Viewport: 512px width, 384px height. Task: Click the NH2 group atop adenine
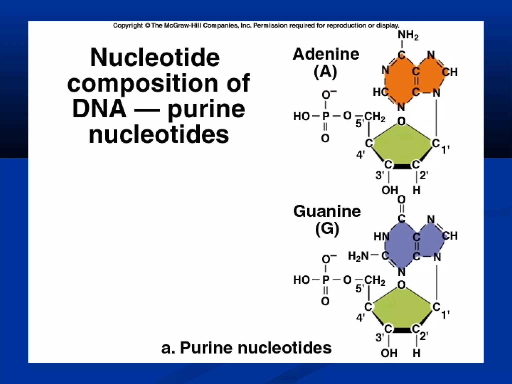pyautogui.click(x=408, y=35)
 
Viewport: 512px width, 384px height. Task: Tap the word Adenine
pyautogui.click(x=326, y=54)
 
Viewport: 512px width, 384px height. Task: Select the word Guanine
pyautogui.click(x=327, y=211)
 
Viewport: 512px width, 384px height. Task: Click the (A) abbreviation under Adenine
pyautogui.click(x=325, y=72)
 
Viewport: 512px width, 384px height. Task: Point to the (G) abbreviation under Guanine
pyautogui.click(x=327, y=229)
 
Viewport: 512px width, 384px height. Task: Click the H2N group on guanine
pyautogui.click(x=358, y=256)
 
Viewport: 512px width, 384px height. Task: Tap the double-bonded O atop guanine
pyautogui.click(x=401, y=199)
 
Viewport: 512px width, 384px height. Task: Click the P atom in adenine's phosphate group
pyautogui.click(x=326, y=116)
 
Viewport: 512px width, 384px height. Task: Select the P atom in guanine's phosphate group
pyautogui.click(x=326, y=280)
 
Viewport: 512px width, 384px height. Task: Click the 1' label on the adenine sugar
pyautogui.click(x=445, y=150)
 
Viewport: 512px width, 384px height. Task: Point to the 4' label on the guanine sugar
pyautogui.click(x=360, y=318)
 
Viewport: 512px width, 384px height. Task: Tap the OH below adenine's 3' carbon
pyautogui.click(x=389, y=190)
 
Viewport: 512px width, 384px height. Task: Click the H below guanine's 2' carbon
pyautogui.click(x=416, y=353)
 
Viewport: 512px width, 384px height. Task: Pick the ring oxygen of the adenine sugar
pyautogui.click(x=401, y=121)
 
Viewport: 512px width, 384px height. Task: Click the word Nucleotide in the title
pyautogui.click(x=155, y=57)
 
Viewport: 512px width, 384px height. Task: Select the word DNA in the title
pyautogui.click(x=99, y=109)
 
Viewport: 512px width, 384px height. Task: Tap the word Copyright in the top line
pyautogui.click(x=128, y=25)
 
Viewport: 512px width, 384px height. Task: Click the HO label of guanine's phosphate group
pyautogui.click(x=301, y=280)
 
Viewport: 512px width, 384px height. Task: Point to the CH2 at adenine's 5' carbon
pyautogui.click(x=374, y=116)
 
